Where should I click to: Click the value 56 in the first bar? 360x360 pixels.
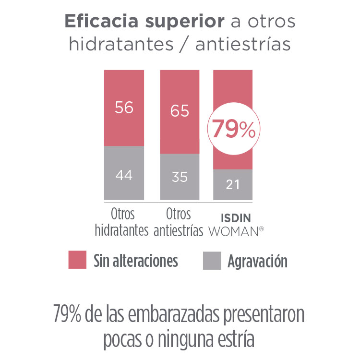[124, 108]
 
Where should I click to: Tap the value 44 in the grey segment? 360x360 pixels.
[124, 175]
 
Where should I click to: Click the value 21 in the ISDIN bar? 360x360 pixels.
[233, 184]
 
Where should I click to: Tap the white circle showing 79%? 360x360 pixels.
[233, 129]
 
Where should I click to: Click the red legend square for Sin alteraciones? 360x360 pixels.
[77, 260]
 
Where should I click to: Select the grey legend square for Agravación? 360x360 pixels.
[212, 260]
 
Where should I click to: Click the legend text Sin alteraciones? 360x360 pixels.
[135, 261]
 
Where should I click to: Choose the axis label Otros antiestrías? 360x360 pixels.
[179, 222]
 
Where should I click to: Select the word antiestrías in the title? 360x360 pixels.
[243, 44]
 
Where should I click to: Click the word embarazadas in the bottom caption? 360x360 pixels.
[174, 315]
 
